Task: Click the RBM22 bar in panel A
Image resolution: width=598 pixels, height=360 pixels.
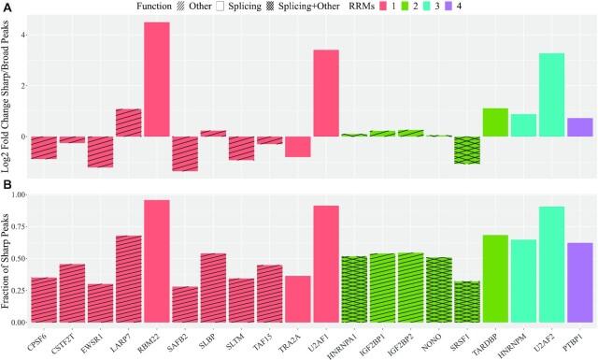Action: (x=156, y=79)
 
